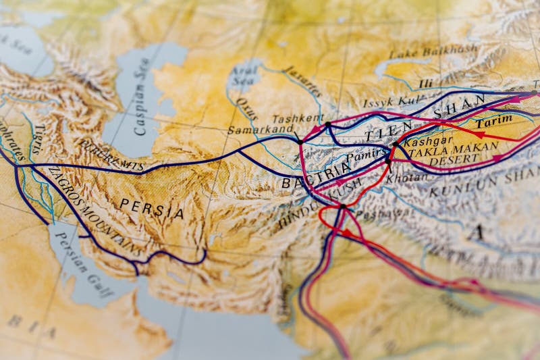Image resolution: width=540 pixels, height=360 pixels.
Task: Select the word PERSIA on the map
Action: pos(151,207)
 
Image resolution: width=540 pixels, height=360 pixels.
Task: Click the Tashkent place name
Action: pos(297,118)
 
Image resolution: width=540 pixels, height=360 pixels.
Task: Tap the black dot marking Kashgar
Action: pos(396,144)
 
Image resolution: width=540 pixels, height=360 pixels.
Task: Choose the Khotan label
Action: pos(409,177)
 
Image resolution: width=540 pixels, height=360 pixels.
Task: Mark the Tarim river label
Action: pos(493,122)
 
